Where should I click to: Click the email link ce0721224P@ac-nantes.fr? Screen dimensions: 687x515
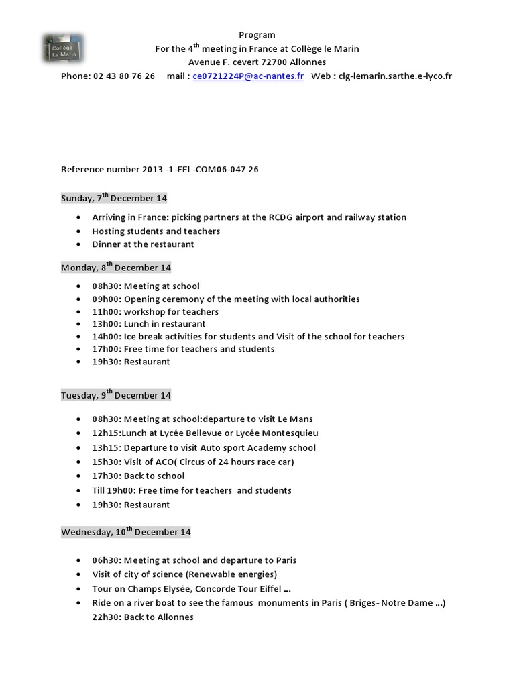pyautogui.click(x=247, y=76)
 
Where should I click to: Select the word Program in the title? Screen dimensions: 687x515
pyautogui.click(x=257, y=35)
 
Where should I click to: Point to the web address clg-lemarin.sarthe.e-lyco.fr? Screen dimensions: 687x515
pyautogui.click(x=395, y=76)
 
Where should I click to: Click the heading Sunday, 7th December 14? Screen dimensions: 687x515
pyautogui.click(x=114, y=199)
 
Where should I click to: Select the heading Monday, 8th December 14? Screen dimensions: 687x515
pyautogui.click(x=116, y=268)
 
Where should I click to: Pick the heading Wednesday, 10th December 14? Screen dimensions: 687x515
pyautogui.click(x=126, y=532)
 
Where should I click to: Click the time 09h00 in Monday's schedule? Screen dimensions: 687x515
pyautogui.click(x=105, y=299)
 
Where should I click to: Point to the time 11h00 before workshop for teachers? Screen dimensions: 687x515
pyautogui.click(x=105, y=312)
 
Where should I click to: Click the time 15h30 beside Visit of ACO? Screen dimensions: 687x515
pyautogui.click(x=105, y=462)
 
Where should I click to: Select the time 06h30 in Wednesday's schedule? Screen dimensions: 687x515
pyautogui.click(x=105, y=560)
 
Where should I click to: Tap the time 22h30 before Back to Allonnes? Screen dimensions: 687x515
pyautogui.click(x=105, y=617)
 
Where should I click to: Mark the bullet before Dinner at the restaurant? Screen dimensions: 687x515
pyautogui.click(x=78, y=244)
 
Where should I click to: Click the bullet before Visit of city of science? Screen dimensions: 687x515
pyautogui.click(x=78, y=574)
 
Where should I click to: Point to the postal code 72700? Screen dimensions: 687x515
pyautogui.click(x=274, y=62)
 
